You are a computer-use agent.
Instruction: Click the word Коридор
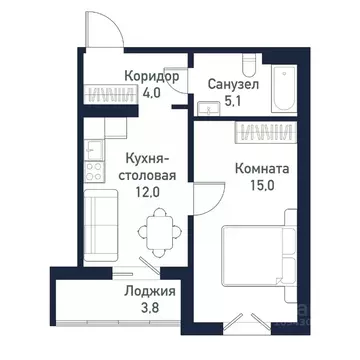click(x=152, y=76)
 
